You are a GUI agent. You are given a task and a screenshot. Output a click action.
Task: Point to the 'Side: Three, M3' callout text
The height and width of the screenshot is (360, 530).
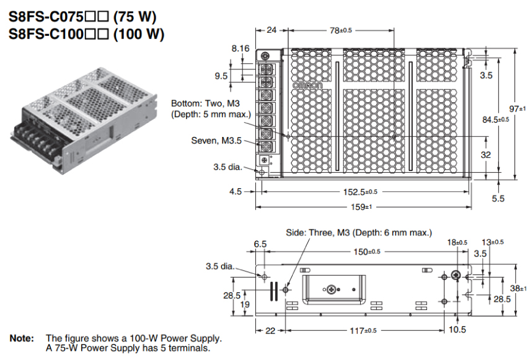[x=358, y=232]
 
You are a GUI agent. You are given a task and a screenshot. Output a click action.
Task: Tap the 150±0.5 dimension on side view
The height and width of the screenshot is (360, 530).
[x=364, y=251]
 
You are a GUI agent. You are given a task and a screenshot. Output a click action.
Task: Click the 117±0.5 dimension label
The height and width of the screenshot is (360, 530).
[x=364, y=330]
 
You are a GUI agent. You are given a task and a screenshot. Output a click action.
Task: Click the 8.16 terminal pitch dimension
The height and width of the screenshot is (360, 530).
[x=240, y=48]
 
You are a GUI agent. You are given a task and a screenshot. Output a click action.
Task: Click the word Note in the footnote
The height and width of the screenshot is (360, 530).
[x=22, y=338]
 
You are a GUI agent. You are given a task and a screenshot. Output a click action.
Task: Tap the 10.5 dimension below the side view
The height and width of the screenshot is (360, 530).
[x=457, y=330]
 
